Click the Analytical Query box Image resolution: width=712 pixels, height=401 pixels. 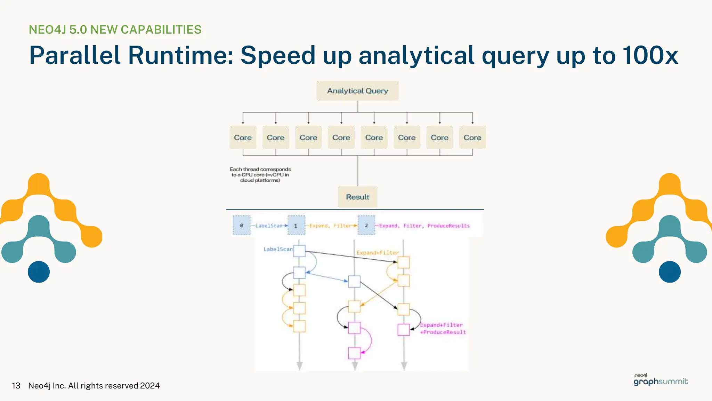[x=357, y=91]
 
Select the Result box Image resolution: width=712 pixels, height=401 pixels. [x=357, y=197]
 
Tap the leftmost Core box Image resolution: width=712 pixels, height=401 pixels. [x=243, y=137]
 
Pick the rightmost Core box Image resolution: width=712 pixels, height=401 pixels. [x=472, y=137]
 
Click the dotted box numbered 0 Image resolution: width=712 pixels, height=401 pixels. [x=242, y=226]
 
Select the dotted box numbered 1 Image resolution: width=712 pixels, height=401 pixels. [x=296, y=226]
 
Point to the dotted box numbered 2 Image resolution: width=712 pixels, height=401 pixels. [x=366, y=226]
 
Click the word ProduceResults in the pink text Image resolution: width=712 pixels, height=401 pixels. [x=448, y=226]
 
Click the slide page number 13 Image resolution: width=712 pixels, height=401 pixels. [x=16, y=386]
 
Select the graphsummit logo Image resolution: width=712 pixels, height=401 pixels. [x=661, y=381]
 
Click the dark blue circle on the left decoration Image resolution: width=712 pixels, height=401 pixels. [x=39, y=272]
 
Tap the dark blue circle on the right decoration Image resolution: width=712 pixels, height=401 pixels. [x=670, y=272]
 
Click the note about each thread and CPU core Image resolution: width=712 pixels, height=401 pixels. [x=260, y=175]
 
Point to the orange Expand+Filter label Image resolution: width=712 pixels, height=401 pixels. [x=378, y=253]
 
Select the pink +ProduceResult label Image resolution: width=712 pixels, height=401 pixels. [x=443, y=332]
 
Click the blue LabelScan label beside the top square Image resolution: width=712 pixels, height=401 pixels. [x=278, y=249]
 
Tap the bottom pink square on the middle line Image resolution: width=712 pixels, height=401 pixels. [x=354, y=353]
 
